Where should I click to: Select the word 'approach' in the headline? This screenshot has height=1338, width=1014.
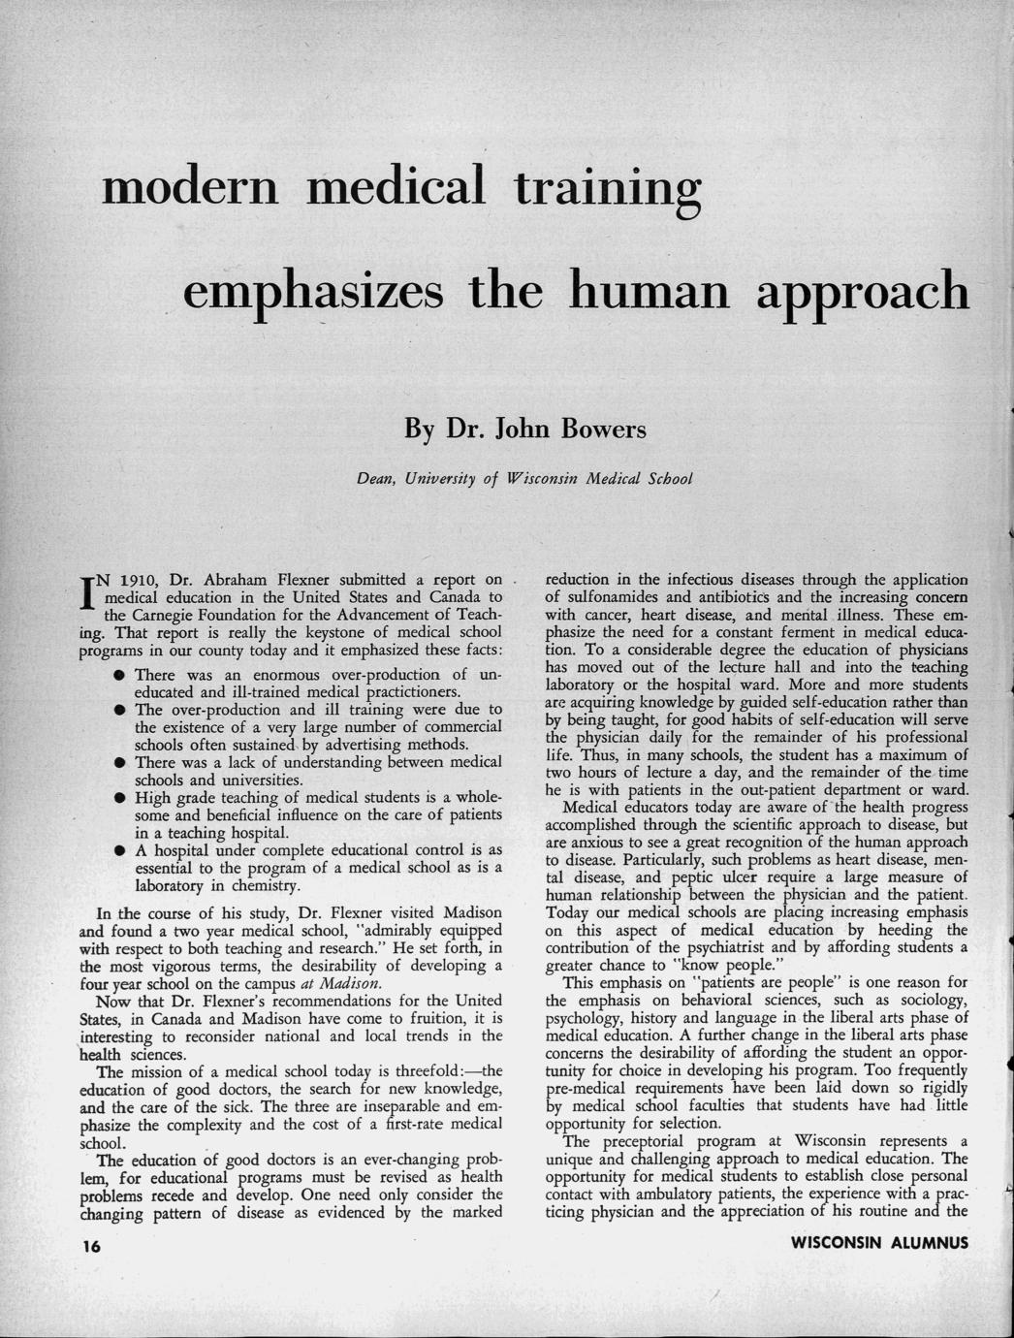coord(869,290)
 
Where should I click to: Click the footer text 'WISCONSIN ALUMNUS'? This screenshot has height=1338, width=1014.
coord(879,1243)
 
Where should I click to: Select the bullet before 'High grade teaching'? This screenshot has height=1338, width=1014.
coord(115,798)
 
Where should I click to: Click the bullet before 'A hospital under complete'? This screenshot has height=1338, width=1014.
coord(115,850)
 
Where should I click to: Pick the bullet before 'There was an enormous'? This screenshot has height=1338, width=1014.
coord(115,675)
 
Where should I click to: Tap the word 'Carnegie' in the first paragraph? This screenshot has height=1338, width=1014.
coord(165,615)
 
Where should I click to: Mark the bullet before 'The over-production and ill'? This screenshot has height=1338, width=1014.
coord(115,710)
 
